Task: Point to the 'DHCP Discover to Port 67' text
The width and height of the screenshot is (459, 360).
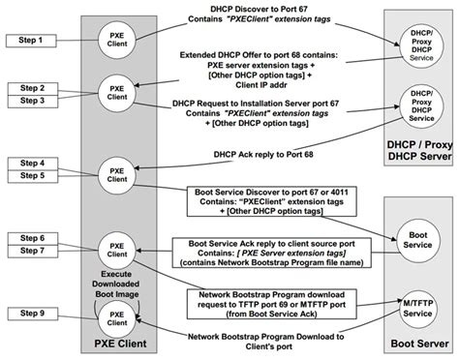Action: (x=269, y=13)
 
